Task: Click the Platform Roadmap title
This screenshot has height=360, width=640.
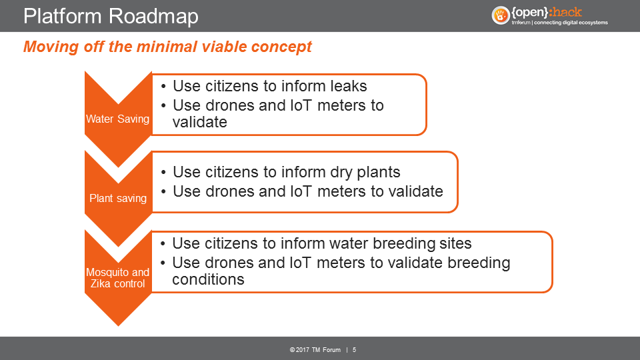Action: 111,16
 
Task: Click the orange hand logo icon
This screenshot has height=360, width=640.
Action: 501,15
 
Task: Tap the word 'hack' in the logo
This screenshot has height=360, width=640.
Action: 566,12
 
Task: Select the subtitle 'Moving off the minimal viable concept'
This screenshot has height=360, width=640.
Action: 167,47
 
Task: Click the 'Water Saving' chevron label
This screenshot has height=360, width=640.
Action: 117,119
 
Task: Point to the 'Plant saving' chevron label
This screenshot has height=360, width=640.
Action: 118,199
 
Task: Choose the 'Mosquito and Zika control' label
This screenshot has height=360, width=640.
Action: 117,278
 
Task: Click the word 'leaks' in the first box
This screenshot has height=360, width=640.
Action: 349,86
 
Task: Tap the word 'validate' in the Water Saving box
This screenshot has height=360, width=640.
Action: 199,122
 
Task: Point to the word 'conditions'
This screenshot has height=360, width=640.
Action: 208,279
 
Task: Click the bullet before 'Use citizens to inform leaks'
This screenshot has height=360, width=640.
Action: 164,87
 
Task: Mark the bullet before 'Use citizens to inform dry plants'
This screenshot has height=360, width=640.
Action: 164,173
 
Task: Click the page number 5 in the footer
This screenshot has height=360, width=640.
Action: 354,350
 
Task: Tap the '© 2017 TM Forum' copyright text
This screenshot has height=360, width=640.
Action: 315,350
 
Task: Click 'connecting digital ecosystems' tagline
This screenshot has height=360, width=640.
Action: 571,23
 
